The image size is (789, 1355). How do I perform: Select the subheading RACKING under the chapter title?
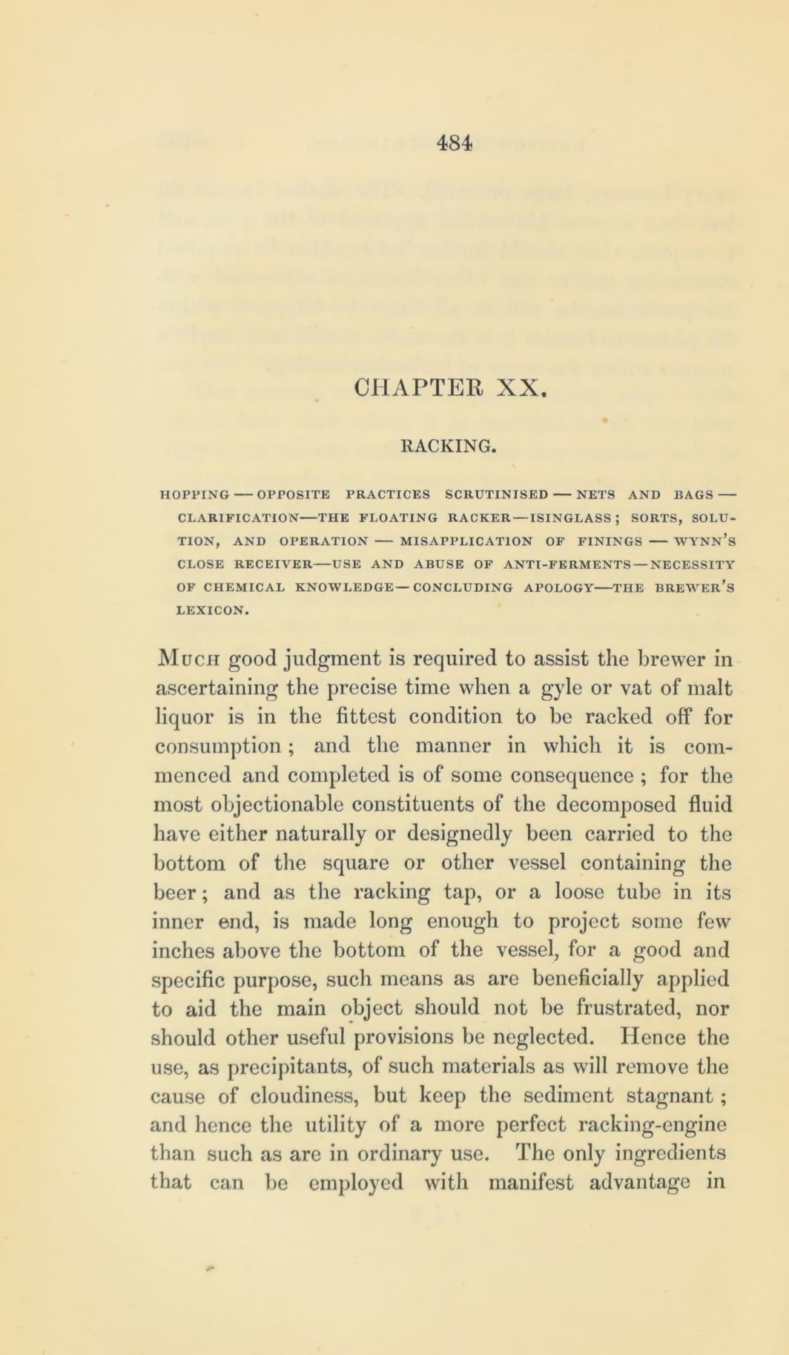448,446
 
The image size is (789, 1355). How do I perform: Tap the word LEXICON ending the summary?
212,590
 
